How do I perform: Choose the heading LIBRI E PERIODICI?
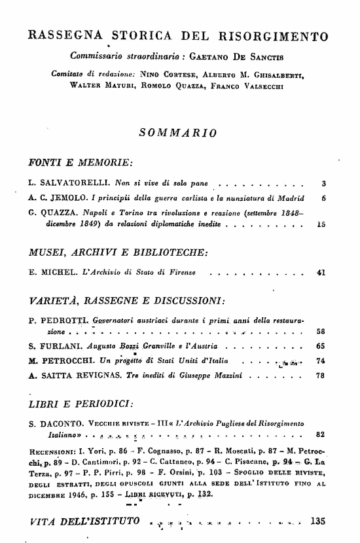82,402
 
